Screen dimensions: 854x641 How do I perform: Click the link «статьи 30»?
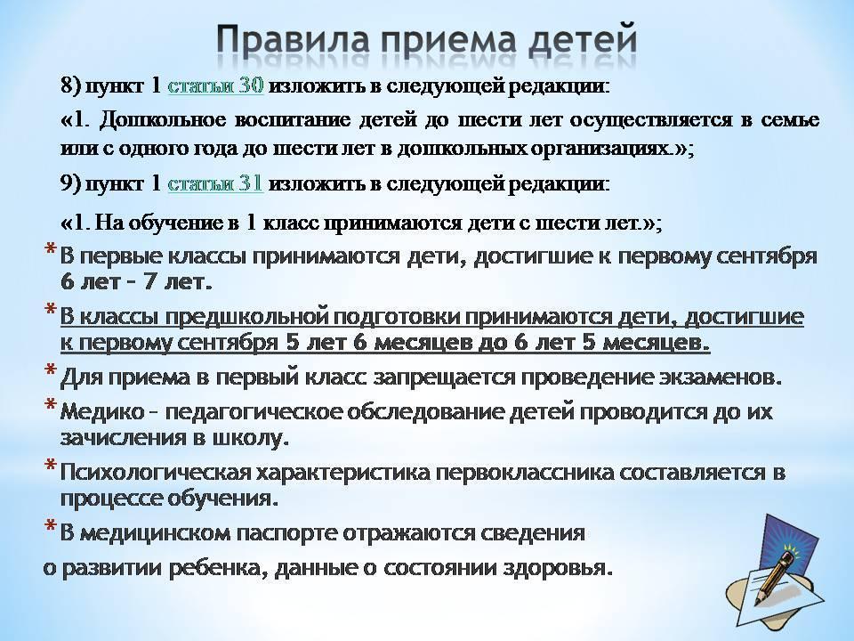click(x=215, y=85)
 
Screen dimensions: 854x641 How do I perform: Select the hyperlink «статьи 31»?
click(x=215, y=183)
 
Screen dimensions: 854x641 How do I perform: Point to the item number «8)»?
click(x=71, y=86)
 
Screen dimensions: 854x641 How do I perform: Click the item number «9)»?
click(x=71, y=184)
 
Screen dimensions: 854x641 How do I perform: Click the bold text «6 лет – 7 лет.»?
click(x=135, y=282)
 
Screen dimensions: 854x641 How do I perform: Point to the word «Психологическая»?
click(x=155, y=473)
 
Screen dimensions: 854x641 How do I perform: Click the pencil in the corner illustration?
click(x=775, y=578)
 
